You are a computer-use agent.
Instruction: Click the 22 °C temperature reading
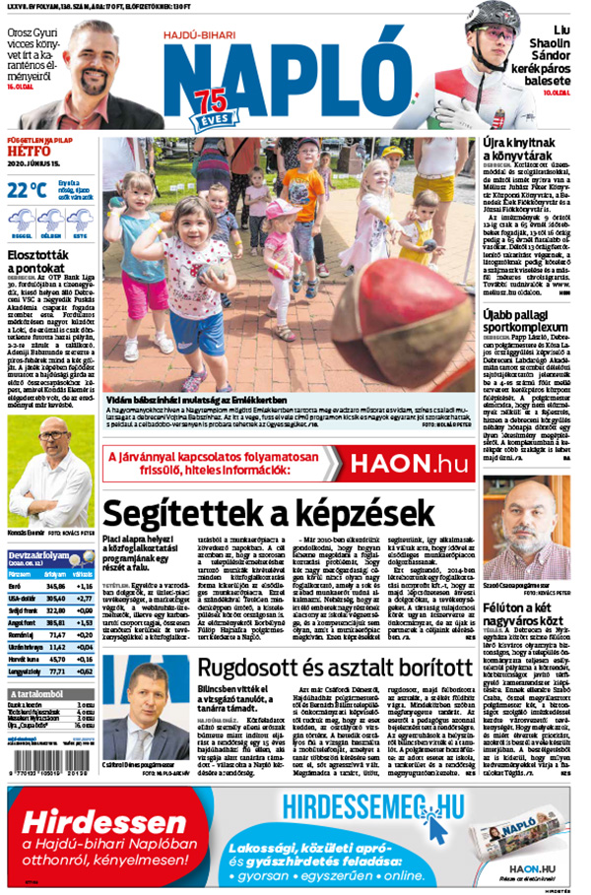click(27, 190)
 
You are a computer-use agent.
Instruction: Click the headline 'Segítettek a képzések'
click(268, 513)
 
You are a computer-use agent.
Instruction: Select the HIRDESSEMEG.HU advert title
click(371, 807)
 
